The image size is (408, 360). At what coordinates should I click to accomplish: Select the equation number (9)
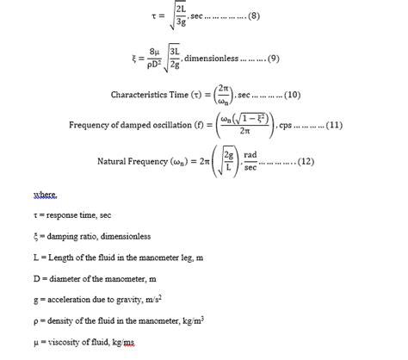pyautogui.click(x=273, y=58)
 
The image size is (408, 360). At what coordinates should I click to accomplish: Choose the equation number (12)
pyautogui.click(x=306, y=161)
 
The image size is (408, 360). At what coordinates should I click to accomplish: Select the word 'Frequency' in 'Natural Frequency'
pyautogui.click(x=146, y=161)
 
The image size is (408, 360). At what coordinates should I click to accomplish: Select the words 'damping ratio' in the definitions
pyautogui.click(x=68, y=235)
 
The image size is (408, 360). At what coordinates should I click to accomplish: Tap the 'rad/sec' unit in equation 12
pyautogui.click(x=250, y=161)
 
